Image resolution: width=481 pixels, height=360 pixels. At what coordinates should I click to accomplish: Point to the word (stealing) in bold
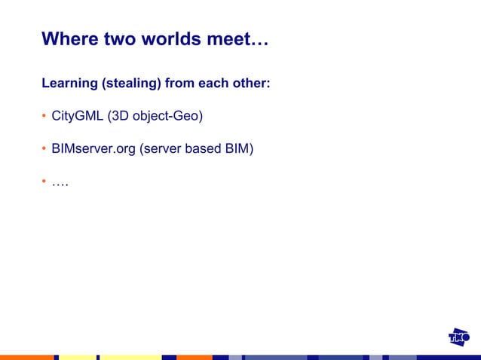coord(130,83)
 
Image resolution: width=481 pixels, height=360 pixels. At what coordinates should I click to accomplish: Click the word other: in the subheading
coord(249,83)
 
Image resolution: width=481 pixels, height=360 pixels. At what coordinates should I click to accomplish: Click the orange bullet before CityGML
coord(44,117)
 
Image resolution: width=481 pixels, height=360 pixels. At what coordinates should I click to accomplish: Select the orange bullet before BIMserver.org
coord(44,149)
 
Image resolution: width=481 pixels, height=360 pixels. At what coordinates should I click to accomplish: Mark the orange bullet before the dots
coord(44,182)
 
